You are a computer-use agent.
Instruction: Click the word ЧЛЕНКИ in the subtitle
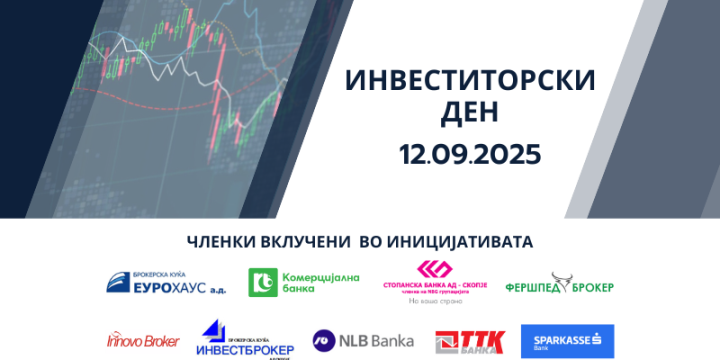click(x=223, y=241)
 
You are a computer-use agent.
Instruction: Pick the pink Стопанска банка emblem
click(x=434, y=270)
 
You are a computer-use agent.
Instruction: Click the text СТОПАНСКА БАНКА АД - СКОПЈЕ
click(x=434, y=284)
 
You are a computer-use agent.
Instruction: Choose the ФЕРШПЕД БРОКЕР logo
click(x=559, y=285)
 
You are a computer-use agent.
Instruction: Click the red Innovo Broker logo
click(x=142, y=341)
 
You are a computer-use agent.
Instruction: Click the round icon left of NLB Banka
click(x=325, y=341)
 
